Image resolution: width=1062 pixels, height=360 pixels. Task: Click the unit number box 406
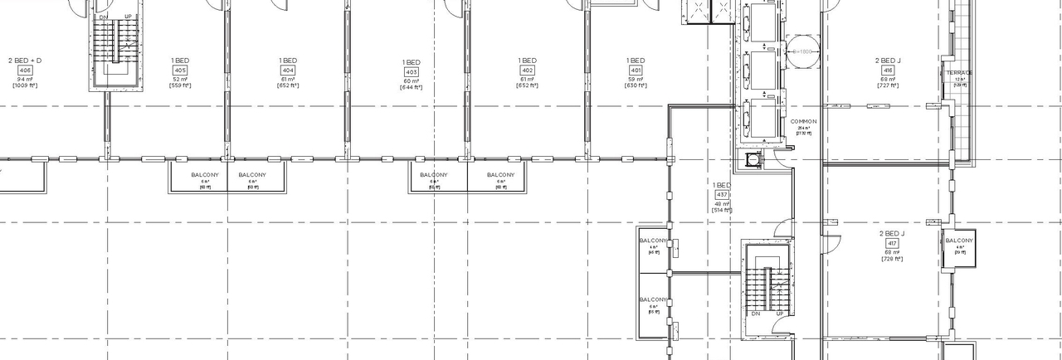tap(24, 70)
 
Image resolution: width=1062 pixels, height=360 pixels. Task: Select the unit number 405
tap(180, 70)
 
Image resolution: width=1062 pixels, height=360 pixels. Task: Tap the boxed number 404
tap(288, 70)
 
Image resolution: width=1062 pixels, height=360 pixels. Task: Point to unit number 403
tap(412, 72)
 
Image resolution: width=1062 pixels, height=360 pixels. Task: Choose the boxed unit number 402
tap(528, 70)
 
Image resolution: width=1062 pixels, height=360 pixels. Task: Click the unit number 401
tap(636, 70)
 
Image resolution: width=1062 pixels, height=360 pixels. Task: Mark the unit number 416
tap(888, 70)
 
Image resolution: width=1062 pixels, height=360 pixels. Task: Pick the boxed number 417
tap(892, 243)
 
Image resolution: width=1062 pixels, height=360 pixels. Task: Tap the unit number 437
tap(722, 194)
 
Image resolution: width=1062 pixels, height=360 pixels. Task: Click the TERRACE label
tap(960, 73)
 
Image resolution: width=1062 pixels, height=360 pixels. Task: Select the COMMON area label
tap(803, 122)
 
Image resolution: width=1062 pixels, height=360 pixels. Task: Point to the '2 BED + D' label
tap(24, 61)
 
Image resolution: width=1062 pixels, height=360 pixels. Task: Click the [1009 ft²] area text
tap(24, 86)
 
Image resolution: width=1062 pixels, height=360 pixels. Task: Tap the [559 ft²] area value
tap(180, 86)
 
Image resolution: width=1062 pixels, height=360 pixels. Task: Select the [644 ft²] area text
tap(412, 88)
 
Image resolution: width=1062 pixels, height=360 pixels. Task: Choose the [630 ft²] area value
tap(636, 86)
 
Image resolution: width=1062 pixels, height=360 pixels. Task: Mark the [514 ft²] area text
tap(722, 211)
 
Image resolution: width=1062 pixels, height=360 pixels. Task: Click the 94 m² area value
tap(24, 79)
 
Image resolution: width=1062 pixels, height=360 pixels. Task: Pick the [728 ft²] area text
tap(892, 260)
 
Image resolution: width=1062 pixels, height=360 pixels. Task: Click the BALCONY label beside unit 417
tap(959, 241)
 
